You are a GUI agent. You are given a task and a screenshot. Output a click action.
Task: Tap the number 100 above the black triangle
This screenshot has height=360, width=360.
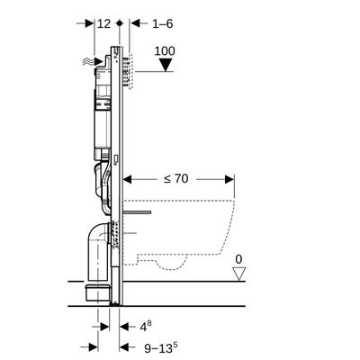pyautogui.click(x=164, y=51)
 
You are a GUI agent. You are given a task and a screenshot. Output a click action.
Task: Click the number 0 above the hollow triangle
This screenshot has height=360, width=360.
pyautogui.click(x=238, y=259)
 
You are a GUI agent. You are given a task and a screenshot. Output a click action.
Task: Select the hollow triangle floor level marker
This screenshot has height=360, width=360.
pyautogui.click(x=238, y=274)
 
